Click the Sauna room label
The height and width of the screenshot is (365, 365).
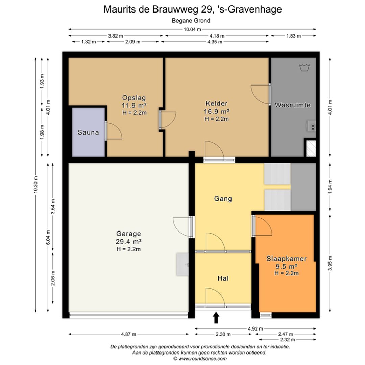pyautogui.click(x=88, y=132)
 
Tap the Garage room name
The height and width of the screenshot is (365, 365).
pyautogui.click(x=128, y=233)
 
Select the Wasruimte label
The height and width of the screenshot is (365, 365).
pyautogui.click(x=293, y=105)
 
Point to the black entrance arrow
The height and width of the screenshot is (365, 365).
pyautogui.click(x=216, y=318)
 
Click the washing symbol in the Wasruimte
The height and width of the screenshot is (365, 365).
pyautogui.click(x=304, y=68)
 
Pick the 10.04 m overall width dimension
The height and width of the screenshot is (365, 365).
pyautogui.click(x=192, y=29)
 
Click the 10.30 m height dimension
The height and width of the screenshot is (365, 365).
pyautogui.click(x=35, y=185)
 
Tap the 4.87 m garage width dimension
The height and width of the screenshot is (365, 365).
pyautogui.click(x=128, y=334)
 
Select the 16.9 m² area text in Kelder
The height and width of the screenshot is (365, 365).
pyautogui.click(x=217, y=111)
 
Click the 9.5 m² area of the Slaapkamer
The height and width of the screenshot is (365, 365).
pyautogui.click(x=286, y=266)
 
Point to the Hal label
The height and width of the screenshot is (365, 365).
pyautogui.click(x=223, y=278)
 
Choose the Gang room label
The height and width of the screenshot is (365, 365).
pyautogui.click(x=223, y=199)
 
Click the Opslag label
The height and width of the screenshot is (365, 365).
pyautogui.click(x=134, y=98)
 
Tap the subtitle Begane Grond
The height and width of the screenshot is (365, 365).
pyautogui.click(x=191, y=21)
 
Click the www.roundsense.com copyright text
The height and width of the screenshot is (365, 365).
pyautogui.click(x=200, y=359)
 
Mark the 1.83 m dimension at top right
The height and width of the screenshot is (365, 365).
pyautogui.click(x=294, y=36)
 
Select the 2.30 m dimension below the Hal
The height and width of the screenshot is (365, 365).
pyautogui.click(x=223, y=334)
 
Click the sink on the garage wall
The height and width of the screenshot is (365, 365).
pyautogui.click(x=182, y=265)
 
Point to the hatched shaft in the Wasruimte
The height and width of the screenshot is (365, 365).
pyautogui.click(x=311, y=148)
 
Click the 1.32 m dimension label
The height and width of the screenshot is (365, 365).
pyautogui.click(x=89, y=42)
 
